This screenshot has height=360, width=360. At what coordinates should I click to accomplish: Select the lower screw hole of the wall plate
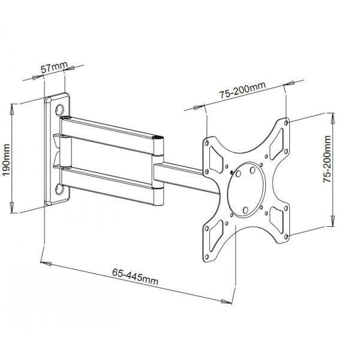(x=59, y=190)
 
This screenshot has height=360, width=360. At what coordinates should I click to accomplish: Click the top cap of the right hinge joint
(x=158, y=139)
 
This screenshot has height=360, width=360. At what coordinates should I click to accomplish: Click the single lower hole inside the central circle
(x=245, y=209)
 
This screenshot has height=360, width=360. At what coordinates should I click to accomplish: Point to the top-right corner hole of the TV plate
(x=288, y=123)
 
